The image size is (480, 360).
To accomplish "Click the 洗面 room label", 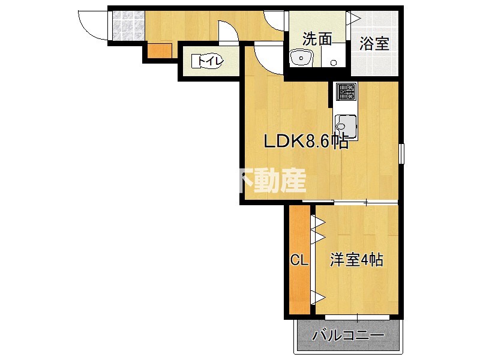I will (317, 40).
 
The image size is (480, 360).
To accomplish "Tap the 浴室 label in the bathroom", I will (375, 43).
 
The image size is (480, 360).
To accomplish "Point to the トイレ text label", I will (208, 61).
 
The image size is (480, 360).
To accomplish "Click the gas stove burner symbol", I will (346, 92).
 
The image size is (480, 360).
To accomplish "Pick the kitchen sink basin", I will (346, 126).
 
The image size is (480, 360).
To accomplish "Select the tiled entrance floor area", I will (127, 26).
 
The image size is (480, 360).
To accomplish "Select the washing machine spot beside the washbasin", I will (334, 59).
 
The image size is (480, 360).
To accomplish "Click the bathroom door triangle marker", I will (354, 19).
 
